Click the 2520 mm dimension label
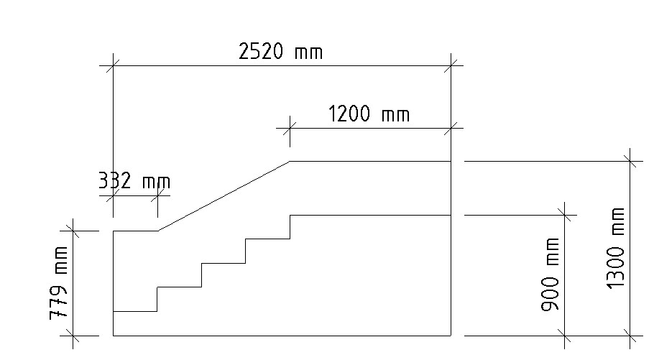(x=280, y=52)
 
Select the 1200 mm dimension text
(x=369, y=114)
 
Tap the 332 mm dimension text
(x=134, y=181)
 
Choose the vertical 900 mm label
(x=552, y=274)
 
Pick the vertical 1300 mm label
(x=616, y=249)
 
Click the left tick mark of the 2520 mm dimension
(x=113, y=65)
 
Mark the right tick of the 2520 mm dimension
(x=451, y=65)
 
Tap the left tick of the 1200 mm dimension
(x=289, y=129)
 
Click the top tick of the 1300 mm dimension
(x=630, y=162)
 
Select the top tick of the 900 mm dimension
(x=566, y=215)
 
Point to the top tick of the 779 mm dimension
(x=73, y=231)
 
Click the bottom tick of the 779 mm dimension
(x=73, y=336)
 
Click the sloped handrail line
(x=223, y=196)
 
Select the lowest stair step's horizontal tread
(x=135, y=311)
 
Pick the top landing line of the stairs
(x=370, y=215)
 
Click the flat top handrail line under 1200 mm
(x=370, y=162)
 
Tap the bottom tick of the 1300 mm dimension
(x=630, y=336)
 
